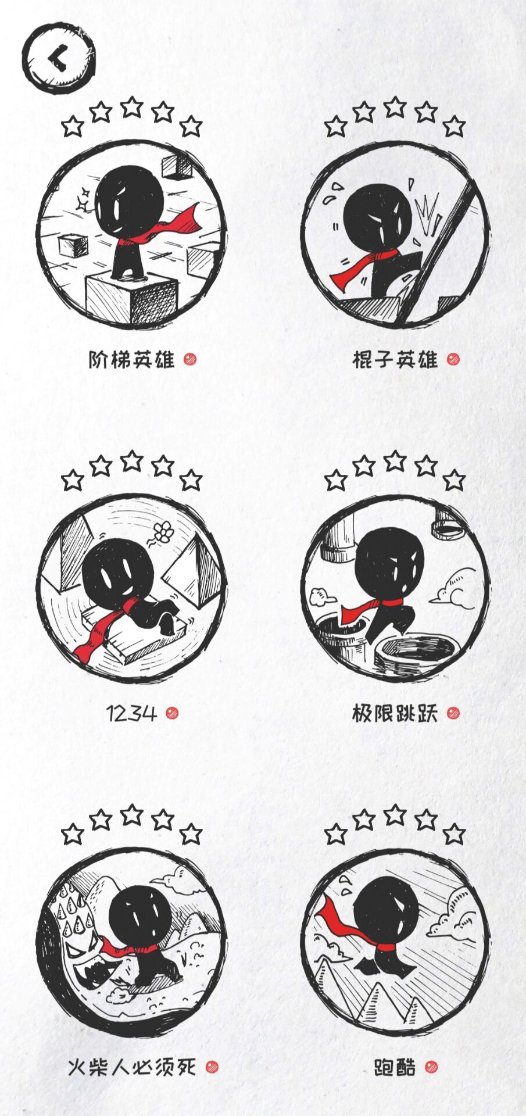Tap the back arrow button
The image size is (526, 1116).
[59, 58]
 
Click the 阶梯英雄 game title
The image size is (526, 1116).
[131, 360]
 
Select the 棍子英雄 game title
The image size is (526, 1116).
[395, 360]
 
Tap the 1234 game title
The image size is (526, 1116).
[132, 713]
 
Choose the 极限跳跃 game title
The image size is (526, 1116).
[395, 713]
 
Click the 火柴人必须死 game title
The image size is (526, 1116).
[132, 1067]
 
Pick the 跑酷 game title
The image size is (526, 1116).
[395, 1067]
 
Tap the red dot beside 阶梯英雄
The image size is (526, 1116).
[190, 359]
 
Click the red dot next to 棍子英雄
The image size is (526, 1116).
[453, 359]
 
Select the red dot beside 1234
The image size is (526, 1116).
[171, 713]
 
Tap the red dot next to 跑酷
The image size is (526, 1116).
[431, 1067]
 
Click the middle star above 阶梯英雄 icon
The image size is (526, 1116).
[132, 107]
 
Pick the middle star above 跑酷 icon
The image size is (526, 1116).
[395, 815]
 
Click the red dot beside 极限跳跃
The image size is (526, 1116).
[453, 713]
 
